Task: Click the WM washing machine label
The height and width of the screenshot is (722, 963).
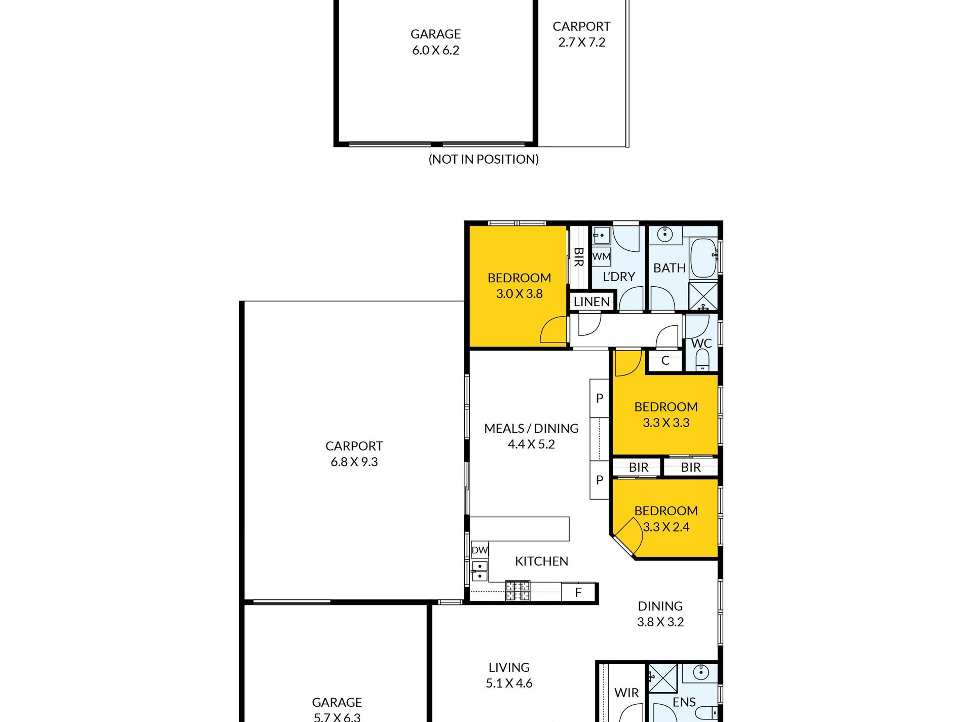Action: tap(601, 256)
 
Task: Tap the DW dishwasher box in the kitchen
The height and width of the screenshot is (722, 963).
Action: tap(479, 550)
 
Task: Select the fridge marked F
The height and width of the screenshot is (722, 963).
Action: tap(578, 592)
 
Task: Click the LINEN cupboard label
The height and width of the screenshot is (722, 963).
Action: tap(591, 302)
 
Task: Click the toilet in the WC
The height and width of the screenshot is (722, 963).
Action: tap(702, 359)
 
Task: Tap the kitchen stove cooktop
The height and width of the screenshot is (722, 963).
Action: tap(517, 591)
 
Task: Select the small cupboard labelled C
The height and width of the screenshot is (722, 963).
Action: tap(665, 361)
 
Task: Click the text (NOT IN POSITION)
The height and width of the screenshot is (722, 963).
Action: tap(484, 159)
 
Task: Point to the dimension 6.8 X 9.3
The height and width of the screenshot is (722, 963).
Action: tap(354, 462)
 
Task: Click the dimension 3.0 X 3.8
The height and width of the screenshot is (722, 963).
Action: tap(519, 294)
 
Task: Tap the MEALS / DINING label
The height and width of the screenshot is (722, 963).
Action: tap(531, 429)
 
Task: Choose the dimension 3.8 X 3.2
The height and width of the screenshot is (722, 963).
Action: tap(660, 622)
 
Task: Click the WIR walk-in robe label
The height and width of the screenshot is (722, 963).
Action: tap(626, 693)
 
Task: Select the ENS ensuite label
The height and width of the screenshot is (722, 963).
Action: tap(684, 702)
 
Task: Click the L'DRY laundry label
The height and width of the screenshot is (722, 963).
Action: tap(619, 277)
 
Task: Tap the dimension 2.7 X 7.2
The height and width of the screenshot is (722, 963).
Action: tap(582, 43)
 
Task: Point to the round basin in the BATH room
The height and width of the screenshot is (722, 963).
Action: tap(664, 235)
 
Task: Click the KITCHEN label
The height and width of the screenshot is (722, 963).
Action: tap(541, 561)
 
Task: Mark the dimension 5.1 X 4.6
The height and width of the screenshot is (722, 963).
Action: tap(509, 683)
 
